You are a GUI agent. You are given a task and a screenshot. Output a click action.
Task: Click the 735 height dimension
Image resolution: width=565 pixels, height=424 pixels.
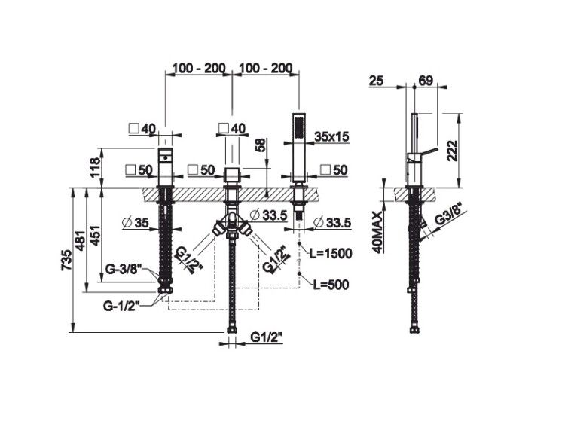pos(66,259)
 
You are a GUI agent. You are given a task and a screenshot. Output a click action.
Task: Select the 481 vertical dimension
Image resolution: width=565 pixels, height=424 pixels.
pos(81,239)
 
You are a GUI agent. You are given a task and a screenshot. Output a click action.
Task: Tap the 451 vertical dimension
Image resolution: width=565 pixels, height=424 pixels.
pos(94,236)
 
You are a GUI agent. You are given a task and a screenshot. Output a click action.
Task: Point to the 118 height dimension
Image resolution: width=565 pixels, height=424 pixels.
pos(94,167)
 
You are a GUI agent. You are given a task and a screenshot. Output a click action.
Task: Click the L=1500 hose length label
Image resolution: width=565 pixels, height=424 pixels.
pos(331,254)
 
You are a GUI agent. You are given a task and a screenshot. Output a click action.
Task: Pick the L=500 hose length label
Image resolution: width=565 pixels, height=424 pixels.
pos(331,285)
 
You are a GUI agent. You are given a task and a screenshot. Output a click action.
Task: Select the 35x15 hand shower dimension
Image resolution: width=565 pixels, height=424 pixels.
pos(331,136)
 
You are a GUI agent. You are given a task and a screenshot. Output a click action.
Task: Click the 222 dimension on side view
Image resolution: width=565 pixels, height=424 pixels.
pos(451,151)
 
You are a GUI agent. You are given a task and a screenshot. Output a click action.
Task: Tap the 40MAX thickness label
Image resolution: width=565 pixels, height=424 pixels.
pos(377,232)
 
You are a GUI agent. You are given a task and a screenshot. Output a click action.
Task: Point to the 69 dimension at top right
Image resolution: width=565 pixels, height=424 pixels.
pos(426,81)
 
